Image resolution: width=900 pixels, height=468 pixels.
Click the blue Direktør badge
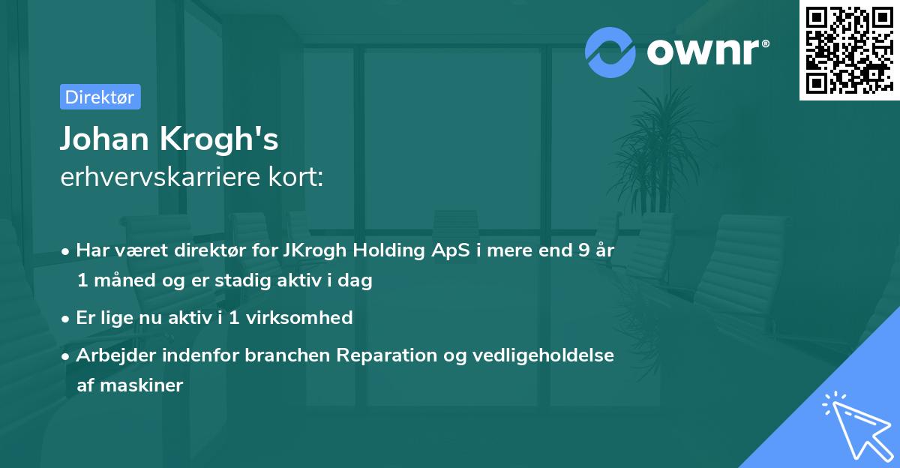(x=100, y=97)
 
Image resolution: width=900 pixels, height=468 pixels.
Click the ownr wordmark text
(x=706, y=52)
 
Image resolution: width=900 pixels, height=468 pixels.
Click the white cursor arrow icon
(x=855, y=427)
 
